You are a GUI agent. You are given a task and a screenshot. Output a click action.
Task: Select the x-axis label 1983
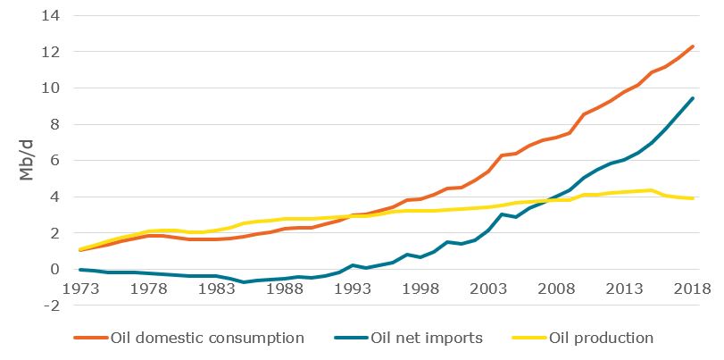217,289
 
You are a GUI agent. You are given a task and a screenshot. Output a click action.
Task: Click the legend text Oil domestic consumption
207,338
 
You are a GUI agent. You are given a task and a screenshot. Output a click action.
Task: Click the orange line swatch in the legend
90,338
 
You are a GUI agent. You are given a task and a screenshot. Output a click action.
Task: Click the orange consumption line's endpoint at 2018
693,46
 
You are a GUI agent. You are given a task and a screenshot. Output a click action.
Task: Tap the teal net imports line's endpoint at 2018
693,98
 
